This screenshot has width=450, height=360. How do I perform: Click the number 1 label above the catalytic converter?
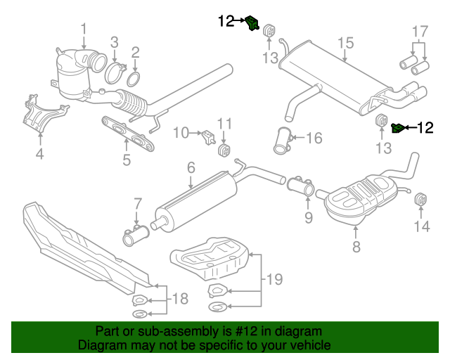pos(84,30)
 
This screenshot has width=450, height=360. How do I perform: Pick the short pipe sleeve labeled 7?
pos(134,237)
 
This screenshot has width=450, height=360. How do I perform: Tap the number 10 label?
pos(181,132)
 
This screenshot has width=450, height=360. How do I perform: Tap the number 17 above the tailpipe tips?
pos(419,32)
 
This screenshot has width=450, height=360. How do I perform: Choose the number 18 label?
pos(180,299)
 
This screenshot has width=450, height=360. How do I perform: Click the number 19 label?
pos(275,280)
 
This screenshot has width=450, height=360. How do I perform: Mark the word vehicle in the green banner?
pos(304,346)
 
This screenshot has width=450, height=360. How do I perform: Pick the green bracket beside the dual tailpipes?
pos(398,127)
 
